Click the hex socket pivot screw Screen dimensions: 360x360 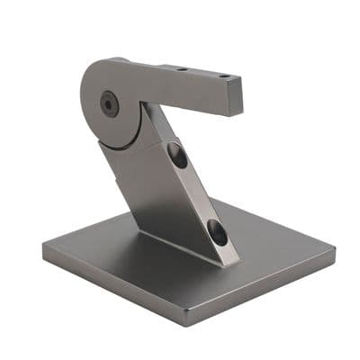(x=110, y=103)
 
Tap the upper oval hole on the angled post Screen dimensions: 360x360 (x=177, y=156)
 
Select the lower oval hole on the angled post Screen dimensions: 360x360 (x=217, y=233)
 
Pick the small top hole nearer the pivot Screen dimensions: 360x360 (x=182, y=68)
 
